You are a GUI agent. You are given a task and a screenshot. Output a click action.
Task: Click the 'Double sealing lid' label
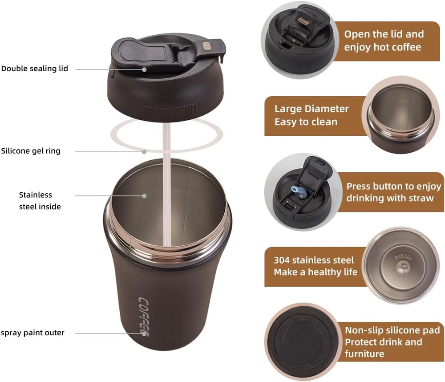tap(35, 69)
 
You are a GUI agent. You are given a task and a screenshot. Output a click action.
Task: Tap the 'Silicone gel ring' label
tap(31, 151)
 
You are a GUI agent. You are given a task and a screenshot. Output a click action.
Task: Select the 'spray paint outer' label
tap(32, 333)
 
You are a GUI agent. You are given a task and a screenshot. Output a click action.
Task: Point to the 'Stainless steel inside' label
tap(40, 200)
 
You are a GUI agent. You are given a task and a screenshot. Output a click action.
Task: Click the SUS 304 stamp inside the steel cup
tap(404, 257)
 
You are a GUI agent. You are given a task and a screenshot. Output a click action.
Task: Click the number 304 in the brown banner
tap(282, 260)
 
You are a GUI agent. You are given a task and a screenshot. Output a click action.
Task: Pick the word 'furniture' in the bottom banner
tap(364, 354)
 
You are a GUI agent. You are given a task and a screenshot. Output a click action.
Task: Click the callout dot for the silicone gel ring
tap(144, 152)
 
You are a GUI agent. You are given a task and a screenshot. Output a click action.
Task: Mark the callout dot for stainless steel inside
tap(144, 196)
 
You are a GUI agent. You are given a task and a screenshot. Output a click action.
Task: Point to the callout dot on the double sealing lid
tap(144, 69)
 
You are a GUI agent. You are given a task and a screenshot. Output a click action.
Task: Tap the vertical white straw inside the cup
tap(166, 185)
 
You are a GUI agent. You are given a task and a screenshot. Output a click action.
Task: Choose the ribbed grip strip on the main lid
tap(170, 110)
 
